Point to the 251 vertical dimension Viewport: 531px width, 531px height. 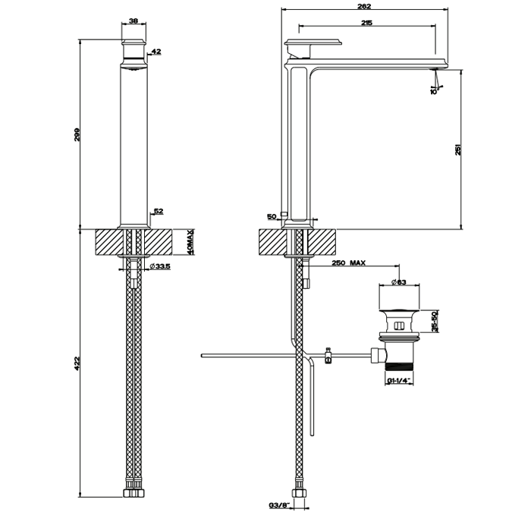click(457, 149)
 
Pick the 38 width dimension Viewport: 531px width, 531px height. click(134, 21)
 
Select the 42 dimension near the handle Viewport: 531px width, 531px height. click(156, 52)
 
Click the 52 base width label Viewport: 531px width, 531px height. click(159, 212)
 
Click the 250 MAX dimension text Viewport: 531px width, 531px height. click(349, 263)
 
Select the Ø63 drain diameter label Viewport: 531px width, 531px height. click(399, 283)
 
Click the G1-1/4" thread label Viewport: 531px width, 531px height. click(399, 381)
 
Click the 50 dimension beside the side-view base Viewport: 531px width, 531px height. click(272, 217)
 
